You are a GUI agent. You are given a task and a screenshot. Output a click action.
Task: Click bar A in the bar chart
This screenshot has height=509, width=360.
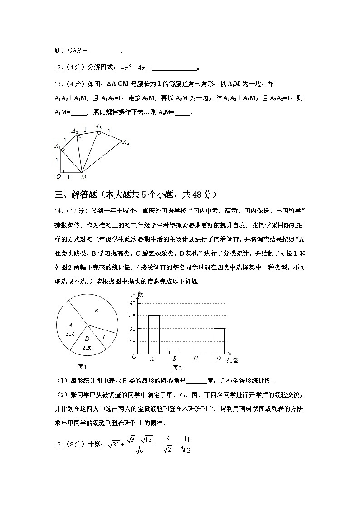[154, 334]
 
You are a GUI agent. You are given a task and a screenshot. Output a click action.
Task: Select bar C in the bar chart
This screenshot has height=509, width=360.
[197, 347]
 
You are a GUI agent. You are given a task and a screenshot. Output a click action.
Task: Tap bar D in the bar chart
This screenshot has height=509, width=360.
[219, 341]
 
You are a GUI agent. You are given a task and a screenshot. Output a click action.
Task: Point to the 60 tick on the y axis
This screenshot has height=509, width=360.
[132, 303]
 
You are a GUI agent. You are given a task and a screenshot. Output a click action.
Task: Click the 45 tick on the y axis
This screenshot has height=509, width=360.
[132, 316]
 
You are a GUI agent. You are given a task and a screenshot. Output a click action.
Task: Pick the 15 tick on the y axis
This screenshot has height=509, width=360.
[132, 342]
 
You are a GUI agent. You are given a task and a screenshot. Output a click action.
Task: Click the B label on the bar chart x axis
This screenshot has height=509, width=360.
[175, 359]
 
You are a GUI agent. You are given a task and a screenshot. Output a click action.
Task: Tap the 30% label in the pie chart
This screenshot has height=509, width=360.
[70, 334]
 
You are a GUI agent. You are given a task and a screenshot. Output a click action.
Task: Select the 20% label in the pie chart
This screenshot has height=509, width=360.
[87, 348]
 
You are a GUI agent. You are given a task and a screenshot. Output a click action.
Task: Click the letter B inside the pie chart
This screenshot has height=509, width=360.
[96, 311]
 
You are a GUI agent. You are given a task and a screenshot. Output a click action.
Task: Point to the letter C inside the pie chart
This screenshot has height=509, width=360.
[105, 337]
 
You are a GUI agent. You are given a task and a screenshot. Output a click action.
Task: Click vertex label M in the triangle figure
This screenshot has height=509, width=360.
[83, 177]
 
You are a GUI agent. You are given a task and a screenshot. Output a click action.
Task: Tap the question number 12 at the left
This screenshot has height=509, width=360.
[58, 68]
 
